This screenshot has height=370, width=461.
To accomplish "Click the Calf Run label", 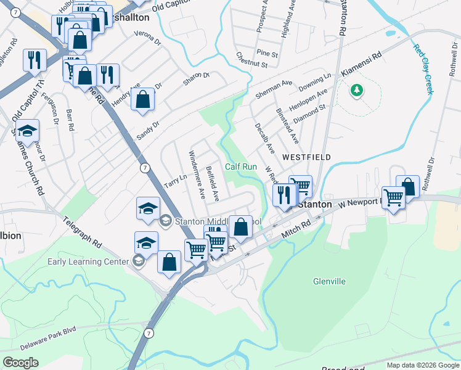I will pyautogui.click(x=240, y=166).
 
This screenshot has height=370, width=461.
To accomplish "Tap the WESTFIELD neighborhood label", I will pyautogui.click(x=306, y=157).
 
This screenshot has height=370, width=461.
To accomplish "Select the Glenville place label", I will pyautogui.click(x=329, y=281).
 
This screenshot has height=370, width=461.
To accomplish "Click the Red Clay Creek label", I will pyautogui.click(x=424, y=69).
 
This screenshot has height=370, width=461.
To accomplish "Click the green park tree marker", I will pyautogui.click(x=356, y=91).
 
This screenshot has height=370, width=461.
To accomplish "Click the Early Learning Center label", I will pyautogui.click(x=88, y=261).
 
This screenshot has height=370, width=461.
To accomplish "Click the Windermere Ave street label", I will pyautogui.click(x=197, y=175).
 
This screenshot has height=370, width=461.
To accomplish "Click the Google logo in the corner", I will pyautogui.click(x=20, y=362).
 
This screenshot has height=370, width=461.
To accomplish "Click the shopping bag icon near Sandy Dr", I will pyautogui.click(x=143, y=99).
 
